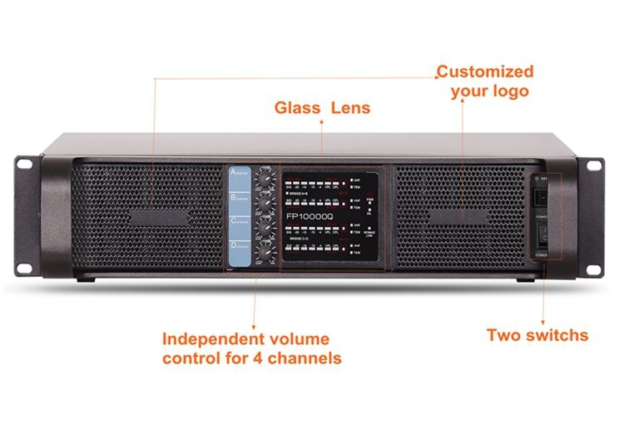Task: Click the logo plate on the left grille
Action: pyautogui.click(x=154, y=218)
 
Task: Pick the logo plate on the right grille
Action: pyautogui.click(x=460, y=217)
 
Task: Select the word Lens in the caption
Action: pyautogui.click(x=351, y=108)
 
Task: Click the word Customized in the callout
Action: pyautogui.click(x=485, y=72)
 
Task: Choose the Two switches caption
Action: pyautogui.click(x=537, y=336)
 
